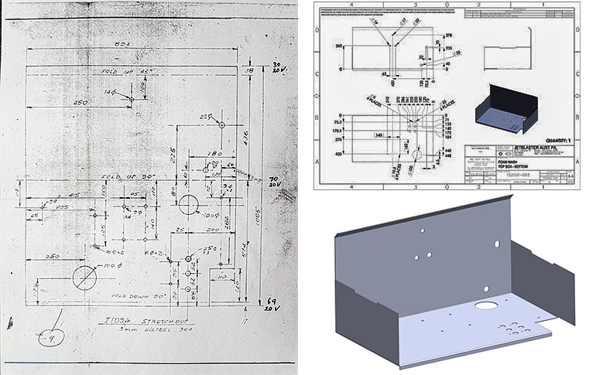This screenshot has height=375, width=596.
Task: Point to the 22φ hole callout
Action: pyautogui.click(x=206, y=117)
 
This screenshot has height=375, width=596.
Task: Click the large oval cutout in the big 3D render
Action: pyautogui.click(x=486, y=305)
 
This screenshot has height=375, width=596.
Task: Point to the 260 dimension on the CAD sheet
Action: pyautogui.click(x=338, y=46)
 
